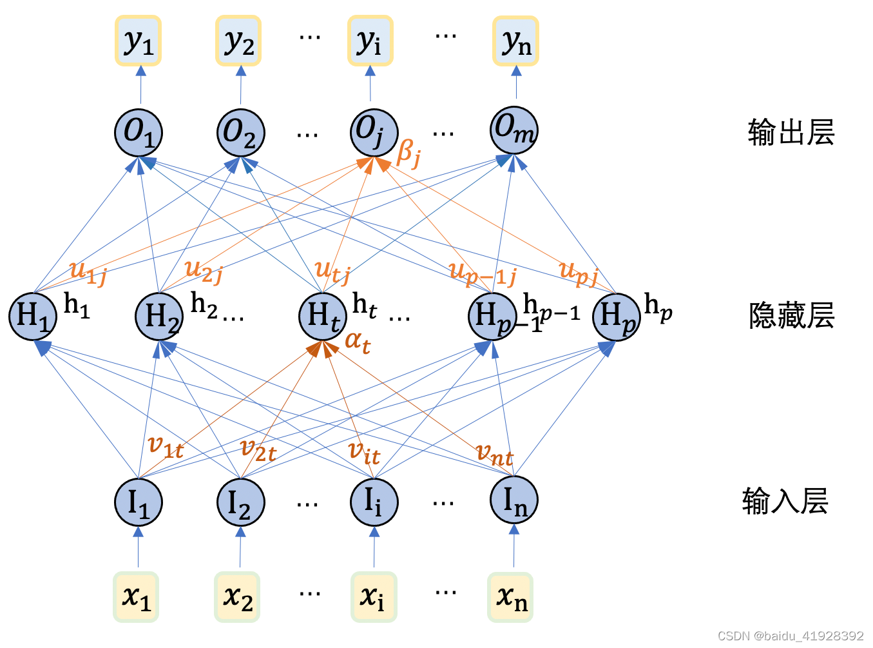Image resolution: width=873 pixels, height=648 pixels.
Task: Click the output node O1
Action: [139, 132]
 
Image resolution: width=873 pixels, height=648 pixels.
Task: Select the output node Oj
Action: [373, 132]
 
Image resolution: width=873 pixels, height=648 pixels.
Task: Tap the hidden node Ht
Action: [323, 317]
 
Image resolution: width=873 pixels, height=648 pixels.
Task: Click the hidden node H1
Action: [33, 316]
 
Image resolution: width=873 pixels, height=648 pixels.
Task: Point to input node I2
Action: [240, 502]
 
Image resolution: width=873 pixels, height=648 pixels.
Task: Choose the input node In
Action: [513, 500]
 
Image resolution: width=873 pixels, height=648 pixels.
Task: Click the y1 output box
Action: [139, 41]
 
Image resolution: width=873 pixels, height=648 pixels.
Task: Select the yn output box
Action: [515, 41]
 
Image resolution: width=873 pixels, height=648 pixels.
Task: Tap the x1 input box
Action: [136, 597]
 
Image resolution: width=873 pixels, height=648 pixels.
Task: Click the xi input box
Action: [374, 597]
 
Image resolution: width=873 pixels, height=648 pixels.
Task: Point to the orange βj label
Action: [409, 153]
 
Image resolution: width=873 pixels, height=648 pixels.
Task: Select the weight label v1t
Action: [166, 446]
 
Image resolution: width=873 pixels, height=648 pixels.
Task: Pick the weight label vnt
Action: [494, 455]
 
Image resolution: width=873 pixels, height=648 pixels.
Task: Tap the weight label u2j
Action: [203, 270]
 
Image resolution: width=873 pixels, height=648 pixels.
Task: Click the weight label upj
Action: [578, 271]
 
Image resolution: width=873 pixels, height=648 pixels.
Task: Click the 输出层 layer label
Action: [791, 133]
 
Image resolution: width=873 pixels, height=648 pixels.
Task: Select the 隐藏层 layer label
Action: [791, 316]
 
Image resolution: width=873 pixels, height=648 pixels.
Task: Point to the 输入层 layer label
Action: [785, 501]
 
